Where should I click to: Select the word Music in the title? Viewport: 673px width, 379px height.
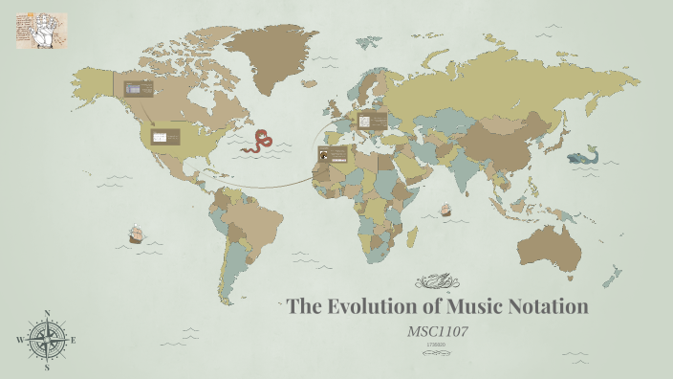[469, 307]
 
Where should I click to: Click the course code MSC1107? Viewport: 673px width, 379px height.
[438, 331]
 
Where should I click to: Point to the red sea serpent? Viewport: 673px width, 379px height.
[257, 142]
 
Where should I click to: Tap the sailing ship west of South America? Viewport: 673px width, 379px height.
[135, 234]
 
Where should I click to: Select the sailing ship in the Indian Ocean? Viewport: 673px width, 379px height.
[445, 210]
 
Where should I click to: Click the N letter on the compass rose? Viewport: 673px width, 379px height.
[47, 313]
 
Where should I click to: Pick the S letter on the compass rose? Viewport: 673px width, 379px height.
[47, 367]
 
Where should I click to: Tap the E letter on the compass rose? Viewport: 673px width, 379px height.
[74, 340]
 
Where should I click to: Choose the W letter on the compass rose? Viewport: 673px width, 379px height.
[19, 340]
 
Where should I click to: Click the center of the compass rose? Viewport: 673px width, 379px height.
[47, 340]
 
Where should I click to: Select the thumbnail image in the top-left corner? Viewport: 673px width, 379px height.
[41, 31]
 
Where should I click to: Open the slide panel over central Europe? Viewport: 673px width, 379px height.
[372, 121]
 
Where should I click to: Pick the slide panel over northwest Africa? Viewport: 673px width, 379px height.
[332, 154]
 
